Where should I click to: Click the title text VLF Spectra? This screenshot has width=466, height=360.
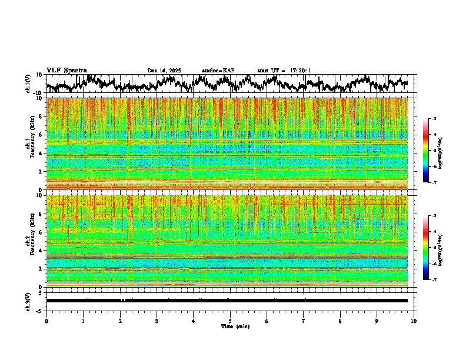66,70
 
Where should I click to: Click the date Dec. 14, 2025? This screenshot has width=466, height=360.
164,71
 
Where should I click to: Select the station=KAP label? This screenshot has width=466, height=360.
218,71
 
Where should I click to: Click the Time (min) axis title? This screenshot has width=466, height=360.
235,326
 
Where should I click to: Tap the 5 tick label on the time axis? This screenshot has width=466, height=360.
230,321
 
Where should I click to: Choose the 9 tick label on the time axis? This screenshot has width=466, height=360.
377,321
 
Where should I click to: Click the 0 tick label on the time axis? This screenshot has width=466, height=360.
46,321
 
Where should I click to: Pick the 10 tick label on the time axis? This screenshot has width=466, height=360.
414,321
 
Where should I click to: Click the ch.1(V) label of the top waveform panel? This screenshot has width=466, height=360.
28,84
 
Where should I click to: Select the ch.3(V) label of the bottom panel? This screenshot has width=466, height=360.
28,301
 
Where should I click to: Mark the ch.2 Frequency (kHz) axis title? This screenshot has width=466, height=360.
29,241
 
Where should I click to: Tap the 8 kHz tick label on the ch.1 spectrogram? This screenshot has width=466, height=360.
39,116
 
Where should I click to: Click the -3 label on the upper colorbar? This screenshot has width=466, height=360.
434,119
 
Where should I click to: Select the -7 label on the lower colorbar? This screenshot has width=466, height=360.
434,279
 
